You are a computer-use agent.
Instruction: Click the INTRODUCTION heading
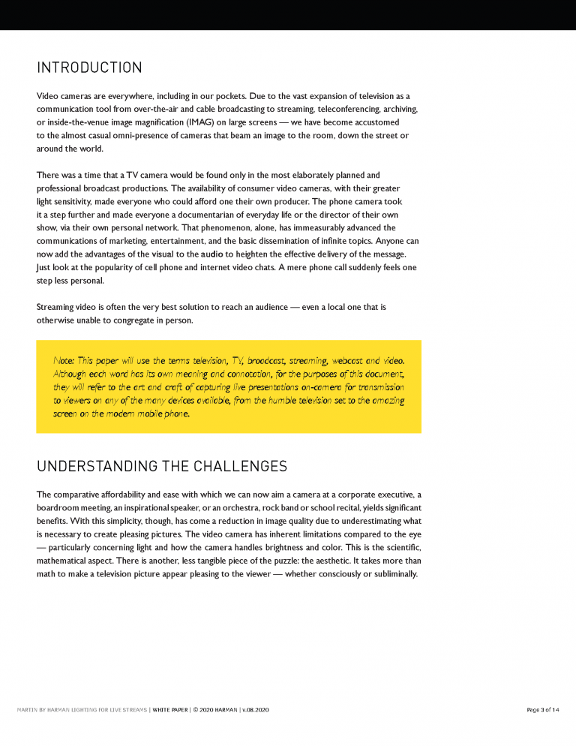(x=89, y=68)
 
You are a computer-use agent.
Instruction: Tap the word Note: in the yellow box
(x=64, y=361)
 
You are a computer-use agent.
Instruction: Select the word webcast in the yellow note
(x=341, y=361)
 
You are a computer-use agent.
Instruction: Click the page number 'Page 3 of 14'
(x=544, y=709)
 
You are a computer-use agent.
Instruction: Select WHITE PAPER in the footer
(x=169, y=709)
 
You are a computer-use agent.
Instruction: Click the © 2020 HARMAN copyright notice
(x=215, y=709)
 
